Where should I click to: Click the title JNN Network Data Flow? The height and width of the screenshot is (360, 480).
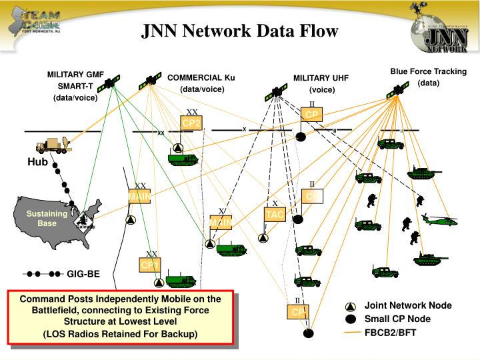click(239, 31)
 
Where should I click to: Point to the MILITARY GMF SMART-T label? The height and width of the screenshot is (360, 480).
click(75, 86)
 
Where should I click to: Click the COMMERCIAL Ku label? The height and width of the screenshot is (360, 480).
click(201, 83)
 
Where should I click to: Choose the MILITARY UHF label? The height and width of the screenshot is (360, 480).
click(321, 83)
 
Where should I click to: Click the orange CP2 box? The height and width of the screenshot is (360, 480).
click(191, 123)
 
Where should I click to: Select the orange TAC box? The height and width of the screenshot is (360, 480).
click(275, 215)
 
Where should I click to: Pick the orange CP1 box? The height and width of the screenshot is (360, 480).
click(150, 265)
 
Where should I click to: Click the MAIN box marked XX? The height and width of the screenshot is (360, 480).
click(139, 197)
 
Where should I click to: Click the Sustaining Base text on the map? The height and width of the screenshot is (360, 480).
click(47, 218)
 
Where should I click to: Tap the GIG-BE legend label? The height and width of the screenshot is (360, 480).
click(83, 273)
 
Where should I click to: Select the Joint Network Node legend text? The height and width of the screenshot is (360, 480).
click(407, 305)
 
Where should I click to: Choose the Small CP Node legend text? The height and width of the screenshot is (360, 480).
click(397, 319)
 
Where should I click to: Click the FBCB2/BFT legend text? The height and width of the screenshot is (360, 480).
click(390, 332)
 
